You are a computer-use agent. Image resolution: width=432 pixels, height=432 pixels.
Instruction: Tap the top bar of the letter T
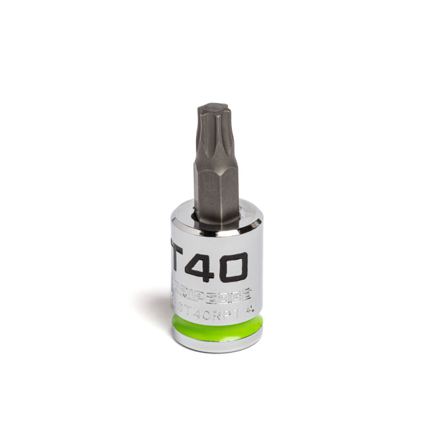pyautogui.click(x=176, y=257)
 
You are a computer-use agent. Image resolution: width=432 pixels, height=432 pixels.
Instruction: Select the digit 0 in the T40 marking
pyautogui.click(x=232, y=268)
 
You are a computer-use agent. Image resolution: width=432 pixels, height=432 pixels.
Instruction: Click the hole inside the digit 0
pyautogui.click(x=232, y=268)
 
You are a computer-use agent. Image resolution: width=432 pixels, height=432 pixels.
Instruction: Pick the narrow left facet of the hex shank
pyautogui.click(x=197, y=184)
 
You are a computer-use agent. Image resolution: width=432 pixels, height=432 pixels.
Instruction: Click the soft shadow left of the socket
pyautogui.click(x=155, y=306)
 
